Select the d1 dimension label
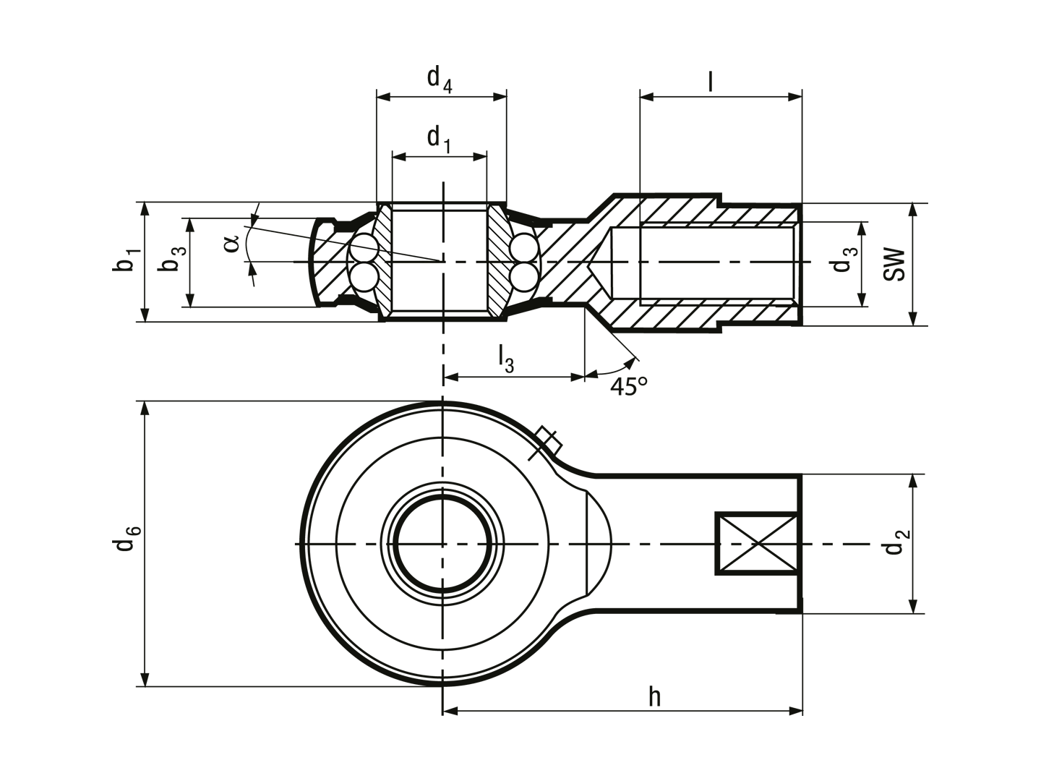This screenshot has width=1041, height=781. (x=439, y=140)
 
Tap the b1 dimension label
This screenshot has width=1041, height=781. (x=127, y=260)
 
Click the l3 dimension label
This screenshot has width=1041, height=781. (x=505, y=359)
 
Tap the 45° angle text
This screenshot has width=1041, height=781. (x=628, y=386)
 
